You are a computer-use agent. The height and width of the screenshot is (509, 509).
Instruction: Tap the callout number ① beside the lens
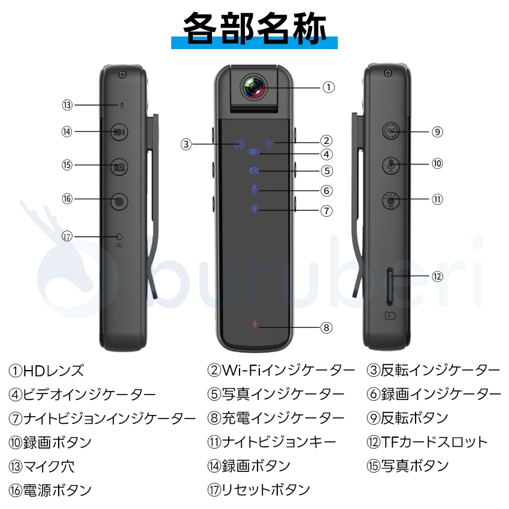pyautogui.click(x=328, y=87)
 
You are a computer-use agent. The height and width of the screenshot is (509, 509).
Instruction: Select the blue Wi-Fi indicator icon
pyautogui.click(x=269, y=143)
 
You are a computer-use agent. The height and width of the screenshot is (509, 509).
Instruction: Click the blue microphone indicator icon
pyautogui.click(x=255, y=190)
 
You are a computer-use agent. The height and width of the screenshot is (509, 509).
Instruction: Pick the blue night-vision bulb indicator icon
pyautogui.click(x=255, y=210)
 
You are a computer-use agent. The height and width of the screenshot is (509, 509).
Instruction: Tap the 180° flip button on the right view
pyautogui.click(x=390, y=132)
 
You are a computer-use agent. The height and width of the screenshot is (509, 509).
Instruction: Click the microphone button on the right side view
pyautogui.click(x=390, y=164)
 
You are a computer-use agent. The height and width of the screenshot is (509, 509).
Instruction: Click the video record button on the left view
pyautogui.click(x=119, y=132)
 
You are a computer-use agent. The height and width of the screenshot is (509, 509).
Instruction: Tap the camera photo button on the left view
pyautogui.click(x=119, y=167)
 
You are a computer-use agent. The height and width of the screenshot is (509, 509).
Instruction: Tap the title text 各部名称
pyautogui.click(x=254, y=28)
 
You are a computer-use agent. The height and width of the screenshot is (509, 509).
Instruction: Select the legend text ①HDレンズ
pyautogui.click(x=47, y=371)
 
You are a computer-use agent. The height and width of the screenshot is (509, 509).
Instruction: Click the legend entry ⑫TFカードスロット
pyautogui.click(x=427, y=443)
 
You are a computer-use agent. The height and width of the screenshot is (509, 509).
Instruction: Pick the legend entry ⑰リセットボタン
pyautogui.click(x=259, y=489)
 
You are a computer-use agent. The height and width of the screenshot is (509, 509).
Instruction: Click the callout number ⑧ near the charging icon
pyautogui.click(x=326, y=328)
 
